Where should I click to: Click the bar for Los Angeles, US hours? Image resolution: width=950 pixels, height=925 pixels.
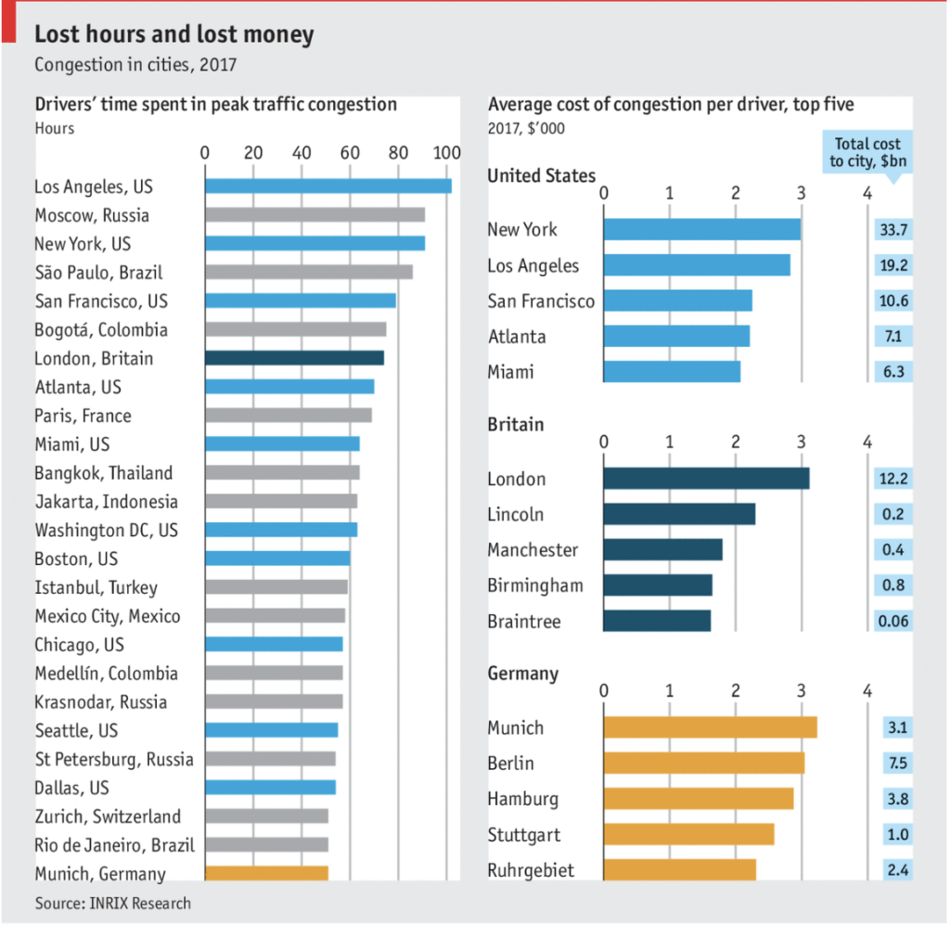click(x=327, y=186)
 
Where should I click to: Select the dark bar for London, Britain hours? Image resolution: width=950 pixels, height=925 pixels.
click(x=294, y=358)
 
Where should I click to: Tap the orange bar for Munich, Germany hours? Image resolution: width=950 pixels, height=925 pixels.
click(x=266, y=873)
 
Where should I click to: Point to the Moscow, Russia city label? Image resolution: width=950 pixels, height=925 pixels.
click(x=92, y=215)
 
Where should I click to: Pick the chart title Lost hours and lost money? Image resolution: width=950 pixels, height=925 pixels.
click(x=174, y=35)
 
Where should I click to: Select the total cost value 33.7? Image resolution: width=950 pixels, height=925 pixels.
click(x=892, y=230)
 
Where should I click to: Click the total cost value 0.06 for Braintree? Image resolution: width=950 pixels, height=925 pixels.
click(x=892, y=621)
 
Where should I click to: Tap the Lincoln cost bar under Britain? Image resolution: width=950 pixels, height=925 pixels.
click(x=679, y=514)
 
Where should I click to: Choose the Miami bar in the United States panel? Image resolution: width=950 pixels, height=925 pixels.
click(x=672, y=372)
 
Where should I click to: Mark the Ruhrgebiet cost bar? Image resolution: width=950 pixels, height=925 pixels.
click(x=679, y=869)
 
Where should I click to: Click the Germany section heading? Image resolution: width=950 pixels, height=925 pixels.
click(x=523, y=674)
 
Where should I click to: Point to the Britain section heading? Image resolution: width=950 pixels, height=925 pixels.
click(x=516, y=424)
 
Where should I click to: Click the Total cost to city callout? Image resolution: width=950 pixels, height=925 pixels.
click(x=868, y=152)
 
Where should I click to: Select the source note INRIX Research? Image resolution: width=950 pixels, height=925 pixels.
click(x=113, y=903)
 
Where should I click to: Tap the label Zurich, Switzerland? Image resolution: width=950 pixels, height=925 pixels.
click(x=108, y=816)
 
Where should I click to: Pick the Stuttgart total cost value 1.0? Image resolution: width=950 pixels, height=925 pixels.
click(x=892, y=834)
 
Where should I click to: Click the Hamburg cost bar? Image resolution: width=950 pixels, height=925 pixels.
click(x=699, y=799)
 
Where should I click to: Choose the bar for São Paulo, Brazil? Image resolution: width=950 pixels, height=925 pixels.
click(x=308, y=272)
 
